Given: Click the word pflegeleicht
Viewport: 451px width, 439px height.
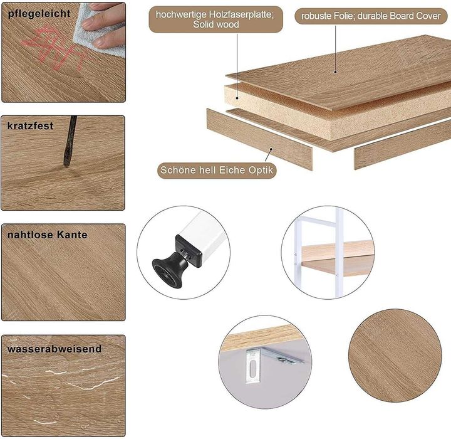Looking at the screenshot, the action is (x=39, y=14).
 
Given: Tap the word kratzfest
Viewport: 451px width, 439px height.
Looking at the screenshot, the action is (x=30, y=126).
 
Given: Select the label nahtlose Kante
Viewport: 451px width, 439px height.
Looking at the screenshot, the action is (x=47, y=235).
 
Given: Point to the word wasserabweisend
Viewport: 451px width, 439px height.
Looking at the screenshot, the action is (x=54, y=349).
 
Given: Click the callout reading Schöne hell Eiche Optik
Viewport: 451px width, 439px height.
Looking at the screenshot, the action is (x=217, y=170).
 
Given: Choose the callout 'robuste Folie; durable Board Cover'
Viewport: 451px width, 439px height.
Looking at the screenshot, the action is (x=371, y=16).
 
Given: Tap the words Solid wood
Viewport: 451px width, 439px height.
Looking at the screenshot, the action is (x=216, y=24).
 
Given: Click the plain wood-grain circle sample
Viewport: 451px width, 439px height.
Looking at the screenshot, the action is (x=395, y=356).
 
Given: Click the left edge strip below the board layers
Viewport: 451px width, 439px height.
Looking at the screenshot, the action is (x=259, y=139).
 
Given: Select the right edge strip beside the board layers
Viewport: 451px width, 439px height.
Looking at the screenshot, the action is (x=403, y=144).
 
